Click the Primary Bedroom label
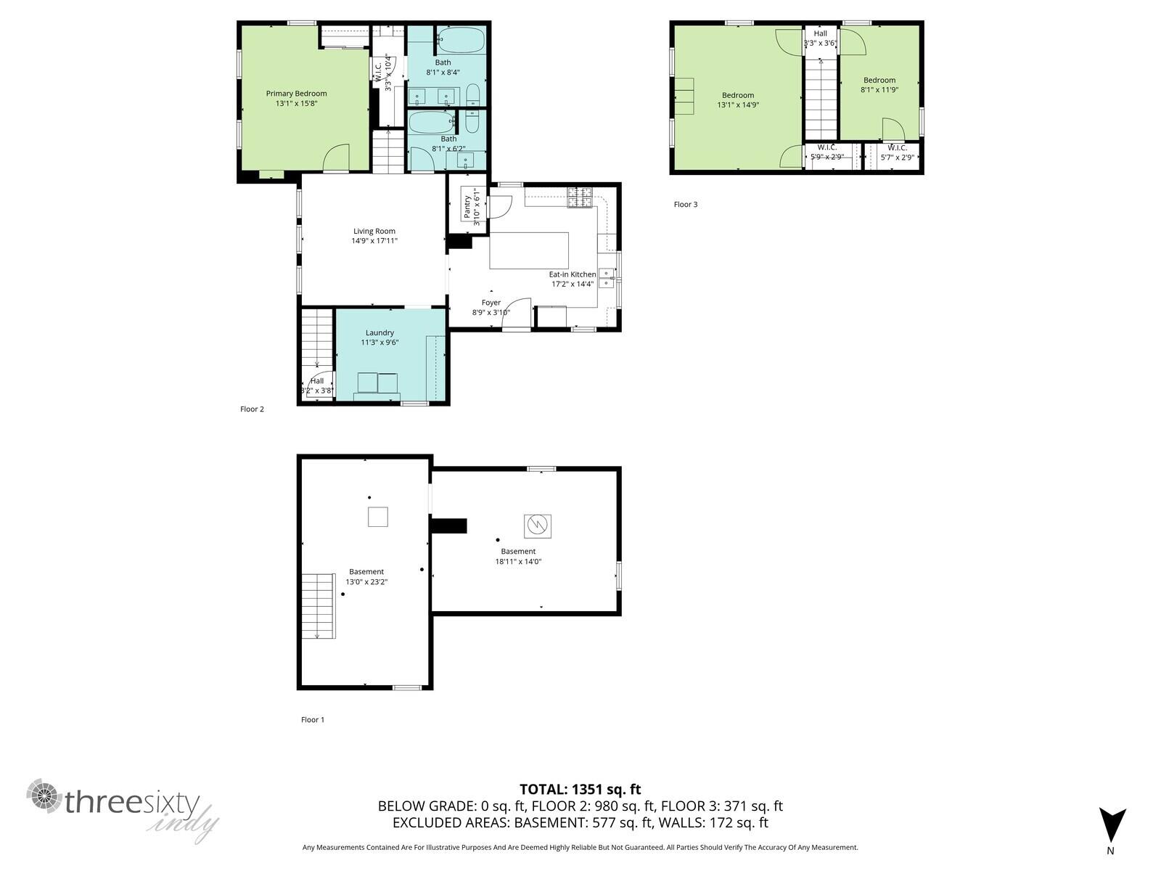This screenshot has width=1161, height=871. point(296,94)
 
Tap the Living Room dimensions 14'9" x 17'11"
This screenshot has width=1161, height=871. point(374,241)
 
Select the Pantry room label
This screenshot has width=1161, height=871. point(467,207)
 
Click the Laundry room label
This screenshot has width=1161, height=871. point(380,332)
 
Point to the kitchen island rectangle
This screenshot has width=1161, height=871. point(529,251)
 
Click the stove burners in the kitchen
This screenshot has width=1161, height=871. point(579,197)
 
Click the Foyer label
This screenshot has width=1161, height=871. point(491,303)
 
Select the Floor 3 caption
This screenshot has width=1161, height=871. point(685,205)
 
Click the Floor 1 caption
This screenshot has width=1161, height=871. point(313,720)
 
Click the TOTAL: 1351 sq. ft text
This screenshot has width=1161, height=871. point(580,790)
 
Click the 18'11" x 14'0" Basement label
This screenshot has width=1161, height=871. point(518,552)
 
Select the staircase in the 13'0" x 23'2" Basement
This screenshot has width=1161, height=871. point(319,605)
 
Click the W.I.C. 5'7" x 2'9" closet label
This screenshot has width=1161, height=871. point(897,148)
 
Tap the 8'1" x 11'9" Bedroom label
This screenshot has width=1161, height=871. point(879,81)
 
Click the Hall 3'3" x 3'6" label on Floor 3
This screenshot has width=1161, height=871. point(820,33)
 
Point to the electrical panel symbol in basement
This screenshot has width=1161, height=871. point(537,526)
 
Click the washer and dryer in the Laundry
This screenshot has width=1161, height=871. point(378,383)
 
